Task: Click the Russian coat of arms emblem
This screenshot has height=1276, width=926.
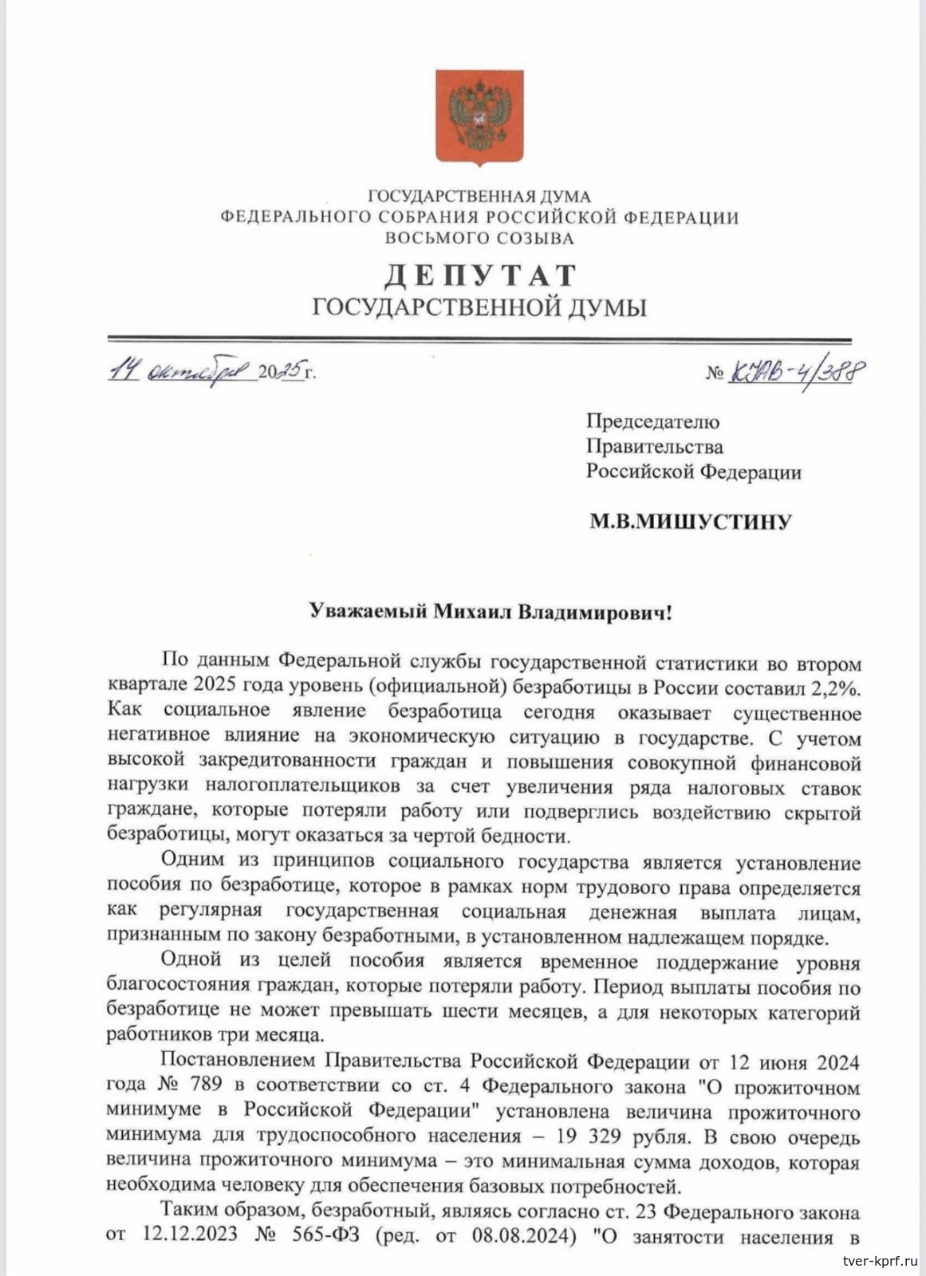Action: point(479,117)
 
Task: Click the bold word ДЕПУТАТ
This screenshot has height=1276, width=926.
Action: point(479,275)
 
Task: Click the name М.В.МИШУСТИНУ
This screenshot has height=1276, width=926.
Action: point(690,522)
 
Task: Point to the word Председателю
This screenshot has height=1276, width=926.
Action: point(652,421)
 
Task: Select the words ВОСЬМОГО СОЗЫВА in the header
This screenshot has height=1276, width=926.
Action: point(479,238)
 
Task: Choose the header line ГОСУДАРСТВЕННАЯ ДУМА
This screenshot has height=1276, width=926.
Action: point(479,196)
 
